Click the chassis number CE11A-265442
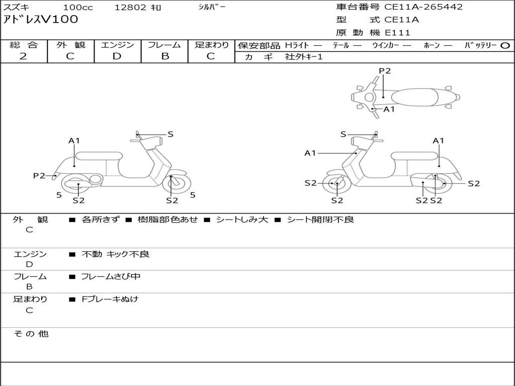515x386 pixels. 423,7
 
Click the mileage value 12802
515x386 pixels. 131,8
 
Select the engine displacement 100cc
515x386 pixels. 74,8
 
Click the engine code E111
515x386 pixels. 398,33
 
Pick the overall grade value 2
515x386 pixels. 23,56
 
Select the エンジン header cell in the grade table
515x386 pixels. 117,45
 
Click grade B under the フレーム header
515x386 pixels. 164,56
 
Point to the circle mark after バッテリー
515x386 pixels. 505,45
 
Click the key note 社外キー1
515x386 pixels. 304,57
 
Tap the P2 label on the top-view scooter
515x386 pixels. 385,71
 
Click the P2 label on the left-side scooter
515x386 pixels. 39,175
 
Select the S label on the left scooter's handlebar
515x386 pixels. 170,134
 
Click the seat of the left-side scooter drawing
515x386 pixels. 99,156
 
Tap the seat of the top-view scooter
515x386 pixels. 418,96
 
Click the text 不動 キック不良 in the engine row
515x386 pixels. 115,254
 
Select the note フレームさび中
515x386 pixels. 111,276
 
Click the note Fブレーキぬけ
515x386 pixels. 110,299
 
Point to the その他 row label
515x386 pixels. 31,334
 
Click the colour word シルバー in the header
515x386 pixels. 212,7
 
